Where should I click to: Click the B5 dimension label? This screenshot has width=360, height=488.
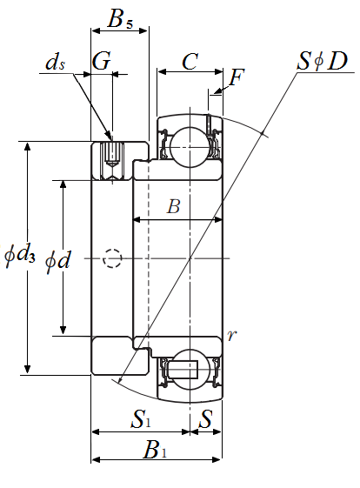click(120, 19)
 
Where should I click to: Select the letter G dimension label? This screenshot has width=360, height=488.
click(101, 61)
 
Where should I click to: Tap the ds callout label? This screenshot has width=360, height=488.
click(55, 63)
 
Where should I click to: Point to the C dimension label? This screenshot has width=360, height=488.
click(190, 61)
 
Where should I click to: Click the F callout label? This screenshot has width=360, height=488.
click(237, 77)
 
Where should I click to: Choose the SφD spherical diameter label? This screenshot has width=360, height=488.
click(322, 61)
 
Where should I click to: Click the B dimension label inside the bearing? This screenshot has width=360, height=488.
click(173, 206)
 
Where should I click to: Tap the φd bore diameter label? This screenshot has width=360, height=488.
click(58, 261)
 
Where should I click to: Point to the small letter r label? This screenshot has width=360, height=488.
click(232, 335)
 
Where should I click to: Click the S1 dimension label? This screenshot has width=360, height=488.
click(141, 418)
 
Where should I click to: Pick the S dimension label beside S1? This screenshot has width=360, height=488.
click(206, 418)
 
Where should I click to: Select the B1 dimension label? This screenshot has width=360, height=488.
click(155, 450)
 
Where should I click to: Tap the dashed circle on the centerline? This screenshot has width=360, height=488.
click(112, 258)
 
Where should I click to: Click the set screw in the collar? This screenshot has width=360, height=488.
click(112, 154)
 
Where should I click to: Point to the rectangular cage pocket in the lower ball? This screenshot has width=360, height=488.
click(183, 370)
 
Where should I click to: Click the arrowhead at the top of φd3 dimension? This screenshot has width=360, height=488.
click(27, 146)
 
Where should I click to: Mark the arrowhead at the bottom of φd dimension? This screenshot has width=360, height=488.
click(63, 330)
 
